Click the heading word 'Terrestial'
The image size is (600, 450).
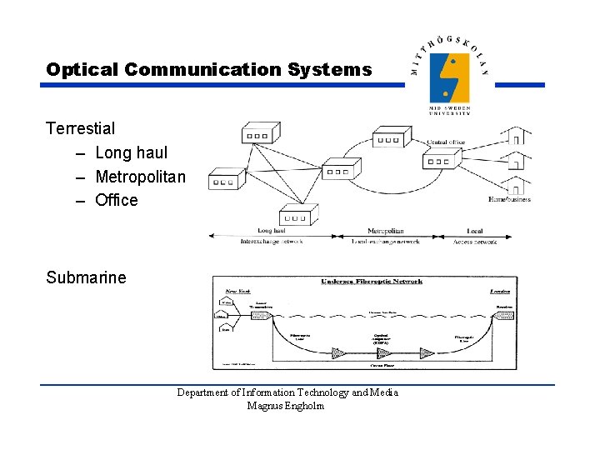coord(81,128)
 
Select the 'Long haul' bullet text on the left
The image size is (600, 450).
coord(131,152)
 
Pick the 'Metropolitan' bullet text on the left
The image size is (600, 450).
coord(140,177)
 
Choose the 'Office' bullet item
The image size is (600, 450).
coord(117,200)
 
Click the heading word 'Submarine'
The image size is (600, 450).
coord(86,277)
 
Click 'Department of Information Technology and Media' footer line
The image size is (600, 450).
coord(287,392)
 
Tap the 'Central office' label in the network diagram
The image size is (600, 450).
coord(445,142)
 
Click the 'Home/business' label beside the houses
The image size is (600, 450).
coord(509,199)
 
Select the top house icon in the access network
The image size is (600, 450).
coord(516,135)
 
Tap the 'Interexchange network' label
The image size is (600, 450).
coord(272,242)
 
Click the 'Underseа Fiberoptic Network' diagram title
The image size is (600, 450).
coord(371,282)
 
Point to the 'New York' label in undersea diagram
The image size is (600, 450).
coord(232,292)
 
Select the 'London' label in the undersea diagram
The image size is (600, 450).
coord(499,292)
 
